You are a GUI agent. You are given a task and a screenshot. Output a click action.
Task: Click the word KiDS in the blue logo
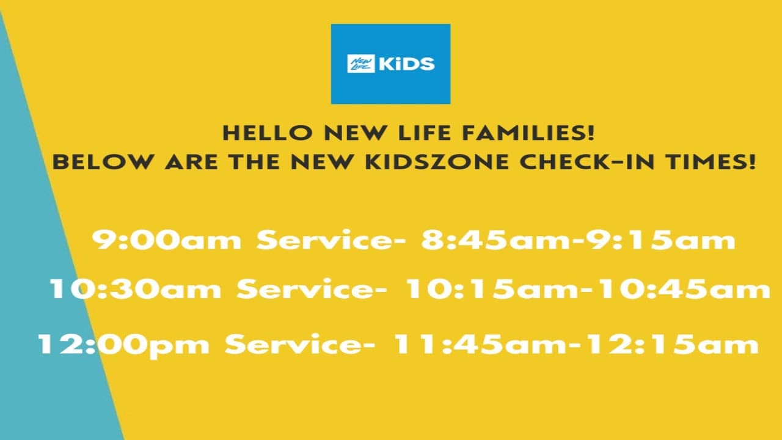[407, 64]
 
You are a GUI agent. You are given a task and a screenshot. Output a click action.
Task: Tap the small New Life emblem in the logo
[360, 64]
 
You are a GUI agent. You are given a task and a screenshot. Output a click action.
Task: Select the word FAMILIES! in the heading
[531, 133]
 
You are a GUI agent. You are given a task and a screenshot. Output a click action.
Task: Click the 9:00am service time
[167, 240]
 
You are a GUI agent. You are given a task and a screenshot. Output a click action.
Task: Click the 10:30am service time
[135, 289]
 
